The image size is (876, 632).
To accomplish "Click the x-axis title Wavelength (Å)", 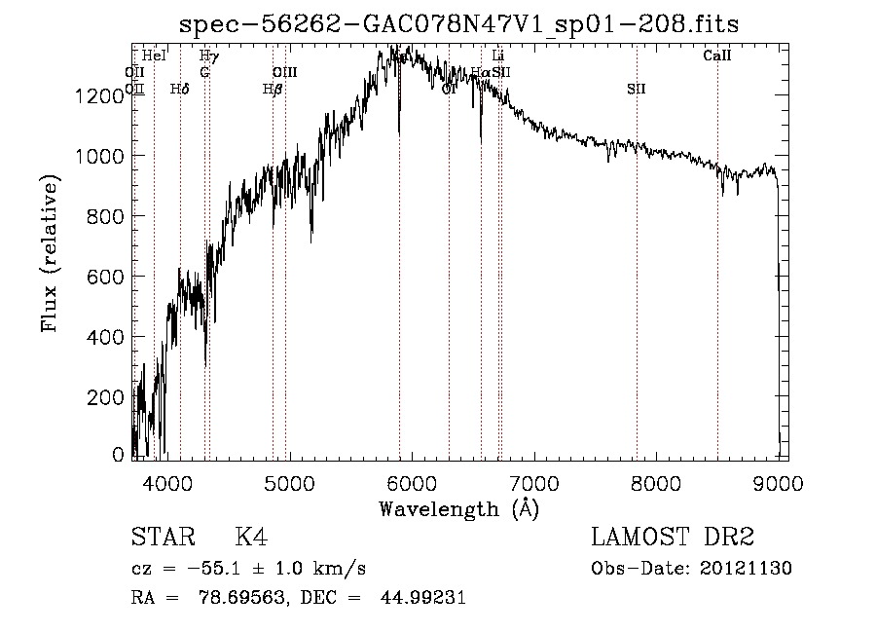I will point(458,507).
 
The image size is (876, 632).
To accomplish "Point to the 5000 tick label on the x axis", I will point(289,482).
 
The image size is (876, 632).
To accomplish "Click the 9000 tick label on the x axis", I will point(778,482).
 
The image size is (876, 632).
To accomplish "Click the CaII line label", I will point(717,56).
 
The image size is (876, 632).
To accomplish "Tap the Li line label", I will point(498,56).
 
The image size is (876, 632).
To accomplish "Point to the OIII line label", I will point(284,73).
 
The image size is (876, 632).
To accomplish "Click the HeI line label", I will point(154,56).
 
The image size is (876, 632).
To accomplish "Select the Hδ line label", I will point(179,90).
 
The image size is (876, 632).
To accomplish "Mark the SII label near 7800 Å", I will point(637,90).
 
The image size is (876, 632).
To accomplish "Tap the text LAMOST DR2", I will point(673,538).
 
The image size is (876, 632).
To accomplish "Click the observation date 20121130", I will point(746,569).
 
